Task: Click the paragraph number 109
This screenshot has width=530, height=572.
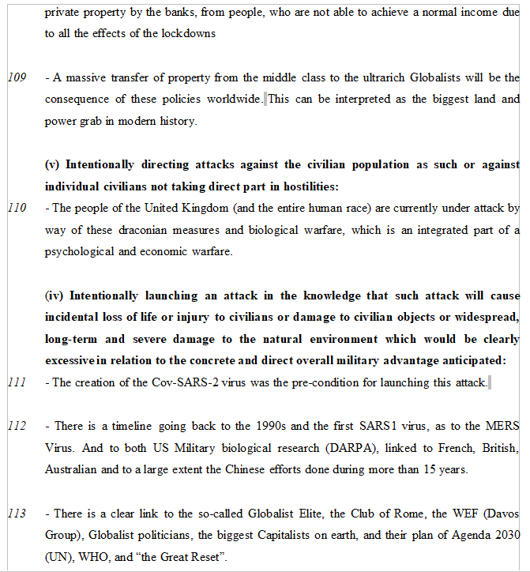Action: (17, 77)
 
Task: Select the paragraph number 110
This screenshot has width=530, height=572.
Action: (17, 209)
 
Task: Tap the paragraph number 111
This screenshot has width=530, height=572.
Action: (17, 382)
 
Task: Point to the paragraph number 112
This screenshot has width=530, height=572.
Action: (17, 426)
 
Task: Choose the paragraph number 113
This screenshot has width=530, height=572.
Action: (17, 514)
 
